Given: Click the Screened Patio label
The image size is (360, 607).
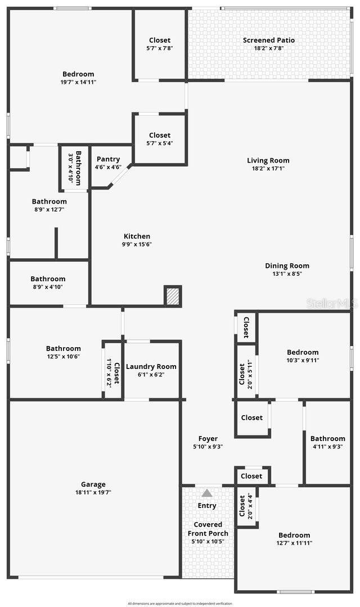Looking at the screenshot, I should click(x=268, y=40).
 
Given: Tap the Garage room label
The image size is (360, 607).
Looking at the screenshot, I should click(x=93, y=484).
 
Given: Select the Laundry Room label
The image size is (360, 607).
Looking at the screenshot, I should click(x=151, y=366).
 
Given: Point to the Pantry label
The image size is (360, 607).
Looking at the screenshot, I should click(x=108, y=159).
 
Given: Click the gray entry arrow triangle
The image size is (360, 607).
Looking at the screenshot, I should click(x=207, y=493).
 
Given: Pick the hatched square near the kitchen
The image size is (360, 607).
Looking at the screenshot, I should click(x=173, y=296).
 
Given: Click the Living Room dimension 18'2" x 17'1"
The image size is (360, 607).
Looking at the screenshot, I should click(x=268, y=168).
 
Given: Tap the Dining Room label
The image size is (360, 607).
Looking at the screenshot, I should click(x=287, y=266).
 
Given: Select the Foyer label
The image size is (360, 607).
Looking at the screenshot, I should click(x=208, y=439).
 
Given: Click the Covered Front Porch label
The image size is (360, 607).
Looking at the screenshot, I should click(x=208, y=529).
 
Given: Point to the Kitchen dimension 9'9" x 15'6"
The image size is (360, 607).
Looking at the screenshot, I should click(x=137, y=244).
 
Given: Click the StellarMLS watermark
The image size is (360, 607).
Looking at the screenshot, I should click(x=332, y=303).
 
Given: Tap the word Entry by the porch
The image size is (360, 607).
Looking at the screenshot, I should click(x=207, y=505).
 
